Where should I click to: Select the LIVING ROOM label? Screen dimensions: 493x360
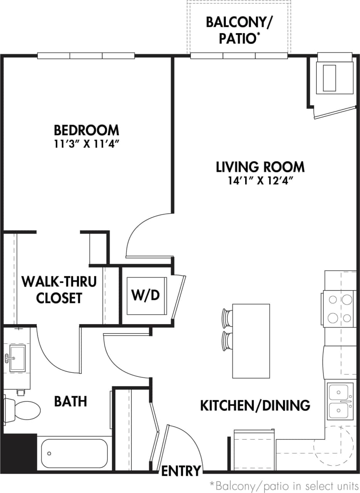pos(260,167)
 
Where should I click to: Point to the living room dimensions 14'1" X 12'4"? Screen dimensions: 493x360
pos(260,181)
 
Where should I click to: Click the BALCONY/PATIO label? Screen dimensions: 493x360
pos(239,30)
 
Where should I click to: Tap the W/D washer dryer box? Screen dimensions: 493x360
pos(146,295)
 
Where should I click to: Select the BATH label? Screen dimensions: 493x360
pos(71,401)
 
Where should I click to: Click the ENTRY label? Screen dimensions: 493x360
pos(181,471)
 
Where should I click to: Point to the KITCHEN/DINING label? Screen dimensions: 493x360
pos(255,405)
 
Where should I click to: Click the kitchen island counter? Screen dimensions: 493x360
pos(251,341)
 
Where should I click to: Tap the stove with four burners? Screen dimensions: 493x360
pos(339,308)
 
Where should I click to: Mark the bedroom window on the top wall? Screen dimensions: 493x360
pos(86,56)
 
